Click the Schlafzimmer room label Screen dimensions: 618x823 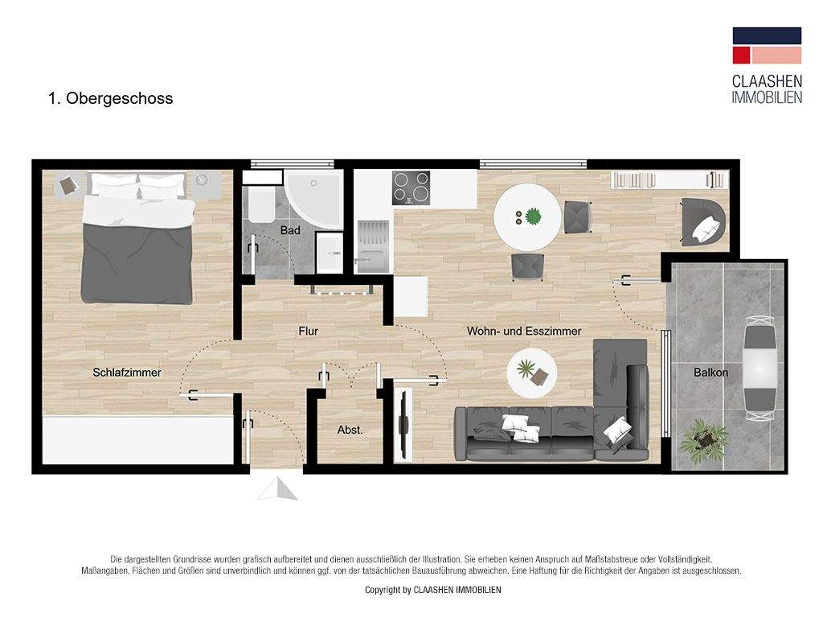click(x=127, y=373)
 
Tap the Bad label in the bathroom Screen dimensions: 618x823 click(x=290, y=231)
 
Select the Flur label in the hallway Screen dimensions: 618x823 click(x=309, y=331)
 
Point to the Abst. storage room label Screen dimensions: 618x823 click(x=350, y=431)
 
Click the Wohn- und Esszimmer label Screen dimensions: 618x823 click(x=524, y=331)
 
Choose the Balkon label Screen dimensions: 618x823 click(x=710, y=373)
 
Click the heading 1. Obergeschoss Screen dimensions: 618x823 click(x=111, y=99)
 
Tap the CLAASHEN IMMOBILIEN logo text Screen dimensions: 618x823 click(x=767, y=89)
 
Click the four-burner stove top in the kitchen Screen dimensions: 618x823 click(x=411, y=188)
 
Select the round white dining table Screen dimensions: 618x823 click(x=527, y=217)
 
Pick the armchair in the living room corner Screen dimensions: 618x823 click(x=702, y=221)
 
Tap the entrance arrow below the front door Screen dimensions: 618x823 click(x=277, y=488)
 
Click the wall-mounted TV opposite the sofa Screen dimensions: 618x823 click(x=403, y=423)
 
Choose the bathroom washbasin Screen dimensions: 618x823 click(x=329, y=254)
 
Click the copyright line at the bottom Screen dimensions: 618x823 click(x=433, y=590)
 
